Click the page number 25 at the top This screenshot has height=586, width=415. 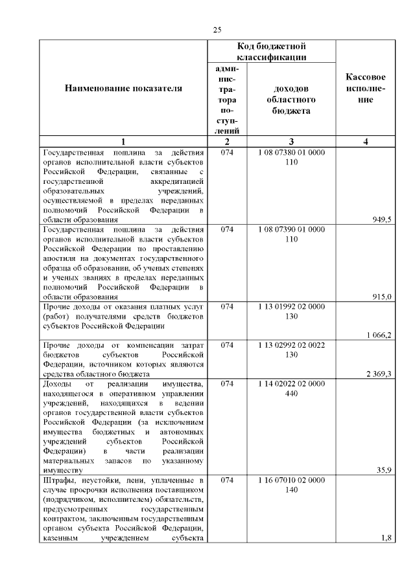217,30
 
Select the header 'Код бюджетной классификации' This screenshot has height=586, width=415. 271,52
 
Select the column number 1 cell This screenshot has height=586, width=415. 123,142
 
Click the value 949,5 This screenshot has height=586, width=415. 381,220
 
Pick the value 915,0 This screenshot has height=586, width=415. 381,296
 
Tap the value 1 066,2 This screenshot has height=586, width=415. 378,334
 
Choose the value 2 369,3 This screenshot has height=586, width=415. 378,373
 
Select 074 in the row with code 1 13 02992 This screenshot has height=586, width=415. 227,345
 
